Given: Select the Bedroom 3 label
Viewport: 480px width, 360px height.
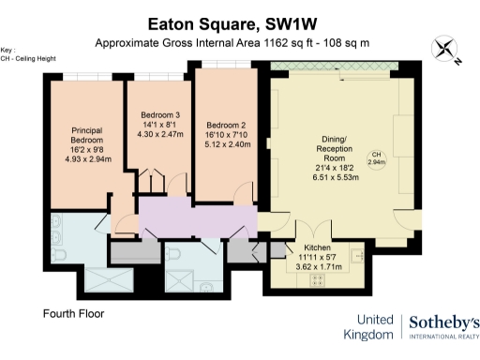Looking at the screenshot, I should pos(158,115).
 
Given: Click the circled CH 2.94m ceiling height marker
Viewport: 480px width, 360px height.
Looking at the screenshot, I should pos(376,158).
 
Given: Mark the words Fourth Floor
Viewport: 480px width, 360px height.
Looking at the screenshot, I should pos(73,313).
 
